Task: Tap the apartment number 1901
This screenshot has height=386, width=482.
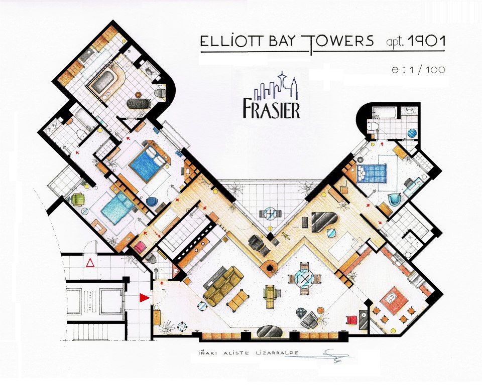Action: pyautogui.click(x=426, y=42)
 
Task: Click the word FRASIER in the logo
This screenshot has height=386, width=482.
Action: pyautogui.click(x=271, y=109)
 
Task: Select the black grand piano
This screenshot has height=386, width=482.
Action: pyautogui.click(x=324, y=222)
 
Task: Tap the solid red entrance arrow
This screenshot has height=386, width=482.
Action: pyautogui.click(x=144, y=298)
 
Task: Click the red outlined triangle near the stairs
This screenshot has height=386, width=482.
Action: pyautogui.click(x=90, y=263)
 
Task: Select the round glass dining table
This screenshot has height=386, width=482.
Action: pyautogui.click(x=305, y=279)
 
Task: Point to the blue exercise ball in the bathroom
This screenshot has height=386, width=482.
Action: pyautogui.click(x=412, y=133)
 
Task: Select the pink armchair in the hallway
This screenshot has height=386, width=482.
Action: pyautogui.click(x=139, y=247)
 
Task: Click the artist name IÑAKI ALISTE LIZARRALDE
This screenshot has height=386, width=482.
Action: pyautogui.click(x=249, y=353)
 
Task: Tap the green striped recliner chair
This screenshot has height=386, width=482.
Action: pyautogui.click(x=271, y=296)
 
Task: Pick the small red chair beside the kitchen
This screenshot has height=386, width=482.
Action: pyautogui.click(x=351, y=320)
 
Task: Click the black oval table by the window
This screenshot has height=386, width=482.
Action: pyautogui.click(x=268, y=332)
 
